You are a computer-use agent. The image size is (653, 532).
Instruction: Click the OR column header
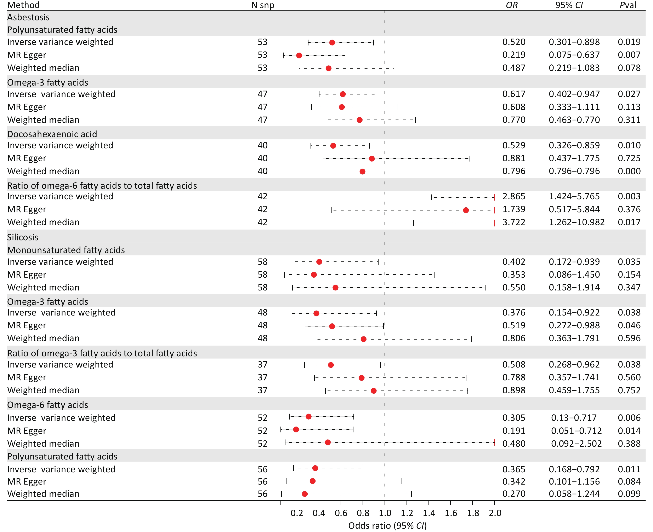[x=511, y=5]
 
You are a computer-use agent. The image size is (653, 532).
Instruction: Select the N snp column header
[x=263, y=5]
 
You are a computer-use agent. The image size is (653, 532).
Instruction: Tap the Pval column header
[x=628, y=5]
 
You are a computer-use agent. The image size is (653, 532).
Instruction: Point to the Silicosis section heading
[x=23, y=237]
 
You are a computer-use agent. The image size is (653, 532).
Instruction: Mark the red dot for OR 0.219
[x=299, y=56]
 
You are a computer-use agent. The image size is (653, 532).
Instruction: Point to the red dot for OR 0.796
[x=362, y=171]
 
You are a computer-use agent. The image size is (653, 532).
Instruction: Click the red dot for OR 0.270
[x=305, y=494]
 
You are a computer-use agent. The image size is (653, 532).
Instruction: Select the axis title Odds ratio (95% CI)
[x=387, y=526]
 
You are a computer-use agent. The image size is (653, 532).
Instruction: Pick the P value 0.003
[x=629, y=196]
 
